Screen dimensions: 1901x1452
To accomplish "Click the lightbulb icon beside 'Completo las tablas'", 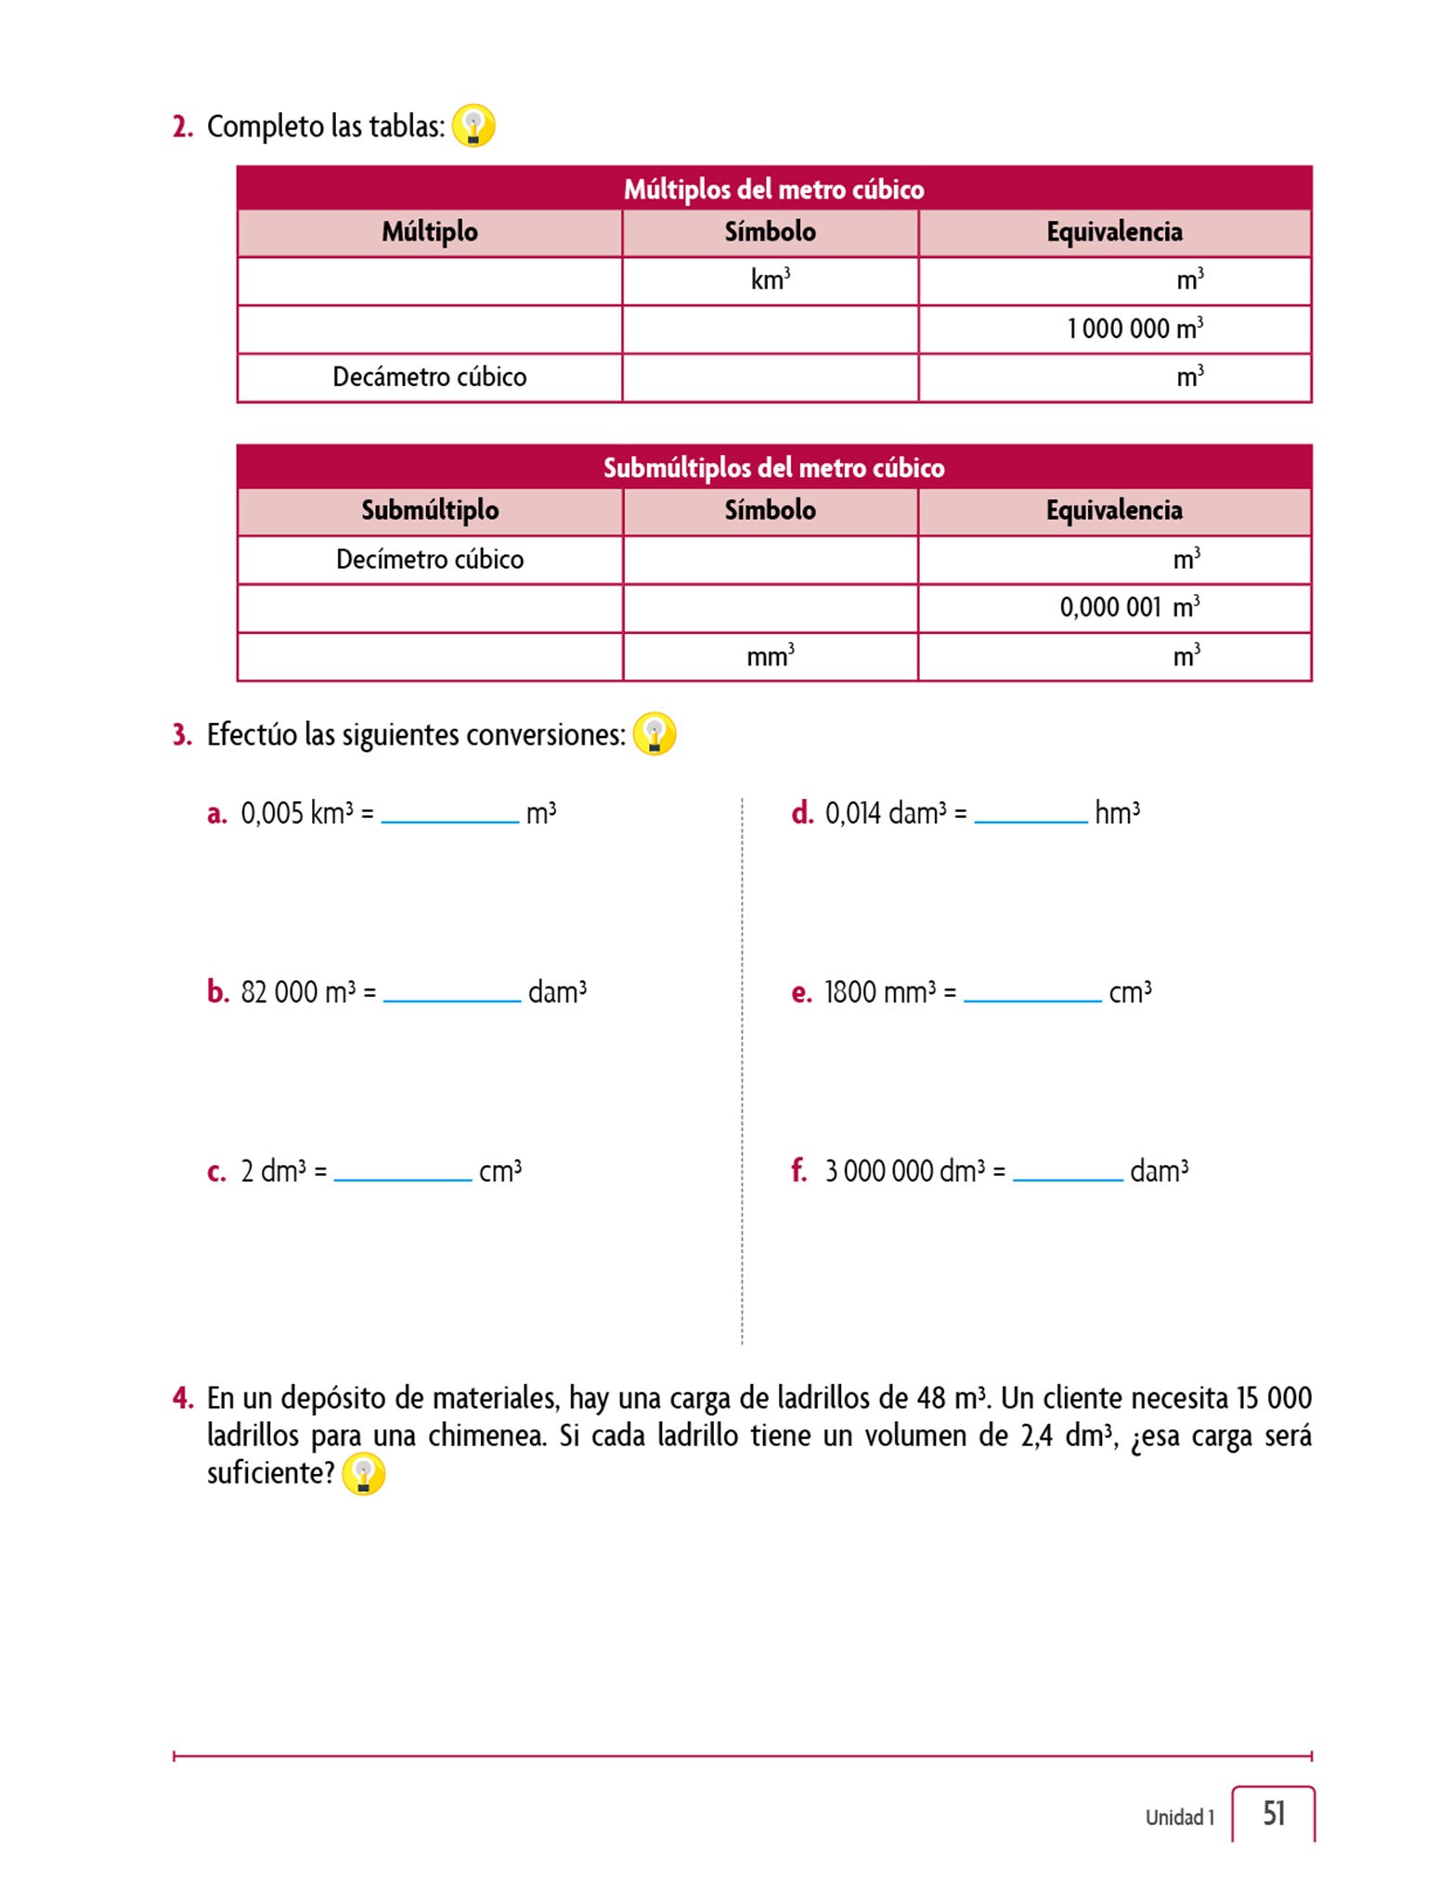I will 473,125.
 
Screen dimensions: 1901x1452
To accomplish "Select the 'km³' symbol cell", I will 771,279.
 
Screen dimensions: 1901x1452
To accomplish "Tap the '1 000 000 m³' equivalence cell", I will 1134,329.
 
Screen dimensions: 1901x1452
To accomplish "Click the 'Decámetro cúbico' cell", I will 429,377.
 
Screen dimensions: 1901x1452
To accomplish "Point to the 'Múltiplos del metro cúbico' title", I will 773,188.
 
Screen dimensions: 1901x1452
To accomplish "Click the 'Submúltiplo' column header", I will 430,511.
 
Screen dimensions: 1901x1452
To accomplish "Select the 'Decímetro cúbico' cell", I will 429,559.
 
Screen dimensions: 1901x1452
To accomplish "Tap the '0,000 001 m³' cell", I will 1129,608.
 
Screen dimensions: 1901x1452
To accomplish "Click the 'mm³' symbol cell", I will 771,656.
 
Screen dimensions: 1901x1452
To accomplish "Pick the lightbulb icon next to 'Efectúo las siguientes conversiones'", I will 655,734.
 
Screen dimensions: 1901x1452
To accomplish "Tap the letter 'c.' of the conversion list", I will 216,1172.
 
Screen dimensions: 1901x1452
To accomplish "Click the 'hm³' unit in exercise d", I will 1117,813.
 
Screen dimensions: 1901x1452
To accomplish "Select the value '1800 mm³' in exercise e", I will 880,992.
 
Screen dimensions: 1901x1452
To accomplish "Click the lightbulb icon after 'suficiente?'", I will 363,1473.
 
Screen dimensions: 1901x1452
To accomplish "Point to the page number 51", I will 1274,1813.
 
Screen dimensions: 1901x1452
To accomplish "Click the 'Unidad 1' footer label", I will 1179,1817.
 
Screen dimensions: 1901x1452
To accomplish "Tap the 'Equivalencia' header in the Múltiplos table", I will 1114,232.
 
